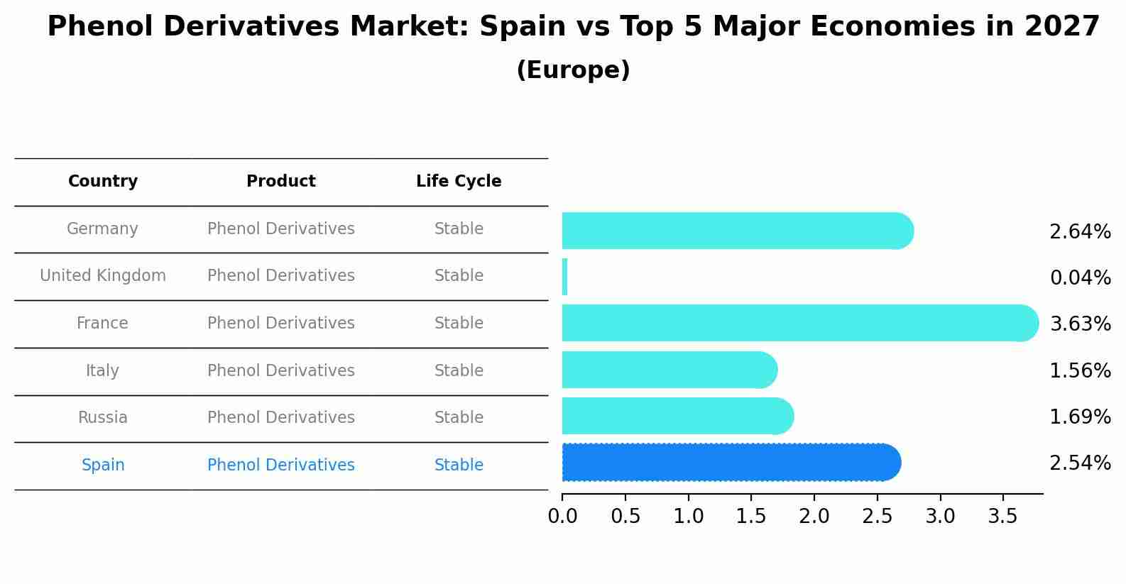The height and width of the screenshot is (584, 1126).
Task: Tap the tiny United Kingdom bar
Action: [x=565, y=277]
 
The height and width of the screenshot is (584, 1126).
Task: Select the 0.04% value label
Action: [x=1080, y=278]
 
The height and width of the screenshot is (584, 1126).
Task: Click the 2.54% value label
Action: [x=1080, y=463]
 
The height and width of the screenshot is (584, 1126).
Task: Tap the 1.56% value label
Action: [x=1080, y=371]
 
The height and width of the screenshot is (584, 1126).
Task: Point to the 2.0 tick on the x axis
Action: [x=814, y=517]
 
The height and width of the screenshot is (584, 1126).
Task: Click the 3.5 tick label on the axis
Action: [x=1003, y=517]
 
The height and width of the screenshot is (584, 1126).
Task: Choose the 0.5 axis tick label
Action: [x=625, y=517]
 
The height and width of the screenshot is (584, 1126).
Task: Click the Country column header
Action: [x=103, y=182]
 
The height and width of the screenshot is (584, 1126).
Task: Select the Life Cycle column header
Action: [x=459, y=182]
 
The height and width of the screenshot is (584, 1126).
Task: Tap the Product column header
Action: [x=281, y=182]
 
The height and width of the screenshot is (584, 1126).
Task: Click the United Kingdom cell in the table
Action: [x=103, y=276]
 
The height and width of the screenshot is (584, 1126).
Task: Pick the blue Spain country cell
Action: [x=103, y=465]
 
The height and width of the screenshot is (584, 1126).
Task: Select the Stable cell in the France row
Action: [x=459, y=324]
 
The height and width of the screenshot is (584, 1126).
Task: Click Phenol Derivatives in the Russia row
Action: [x=281, y=418]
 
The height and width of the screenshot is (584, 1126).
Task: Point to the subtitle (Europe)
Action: [x=573, y=70]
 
